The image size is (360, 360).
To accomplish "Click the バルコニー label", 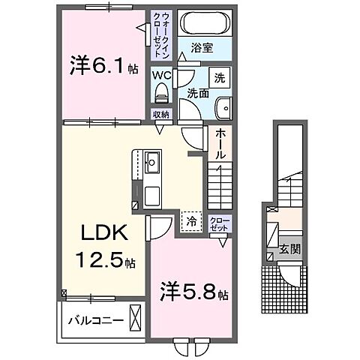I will click(91, 319).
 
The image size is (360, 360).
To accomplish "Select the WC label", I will click(162, 75).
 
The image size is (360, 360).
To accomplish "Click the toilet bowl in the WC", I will click(161, 94).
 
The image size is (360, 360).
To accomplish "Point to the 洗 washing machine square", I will click(220, 76).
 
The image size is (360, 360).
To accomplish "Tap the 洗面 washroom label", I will click(197, 94).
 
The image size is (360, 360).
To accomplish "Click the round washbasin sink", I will click(221, 106).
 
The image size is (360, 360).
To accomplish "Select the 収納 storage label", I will click(161, 114).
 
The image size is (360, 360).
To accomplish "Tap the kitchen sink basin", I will click(151, 160).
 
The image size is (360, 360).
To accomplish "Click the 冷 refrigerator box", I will click(192, 221).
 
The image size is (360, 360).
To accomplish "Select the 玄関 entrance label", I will click(289, 248).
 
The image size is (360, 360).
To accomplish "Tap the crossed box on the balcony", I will click(135, 318).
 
